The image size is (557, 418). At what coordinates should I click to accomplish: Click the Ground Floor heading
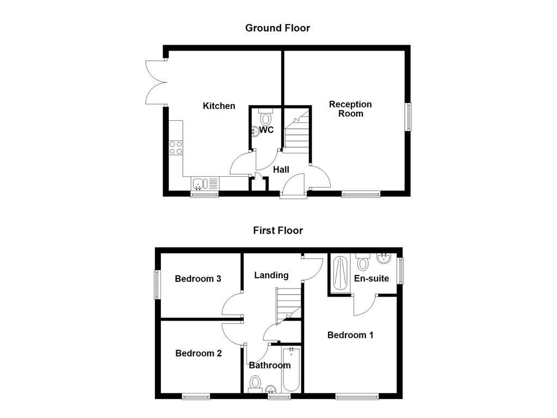pyautogui.click(x=277, y=28)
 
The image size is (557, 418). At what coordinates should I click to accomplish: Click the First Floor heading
pyautogui.click(x=277, y=230)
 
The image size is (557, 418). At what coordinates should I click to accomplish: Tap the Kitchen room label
pyautogui.click(x=219, y=106)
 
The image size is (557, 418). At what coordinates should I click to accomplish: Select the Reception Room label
pyautogui.click(x=350, y=109)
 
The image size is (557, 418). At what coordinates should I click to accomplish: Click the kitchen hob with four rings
pyautogui.click(x=176, y=147)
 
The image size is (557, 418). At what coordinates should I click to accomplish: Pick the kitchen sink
pyautogui.click(x=198, y=184)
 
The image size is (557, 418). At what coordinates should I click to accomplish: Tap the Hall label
pyautogui.click(x=281, y=170)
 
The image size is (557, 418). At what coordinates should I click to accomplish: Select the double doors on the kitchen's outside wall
pyautogui.click(x=155, y=82)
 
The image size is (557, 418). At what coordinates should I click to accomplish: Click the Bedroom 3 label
pyautogui.click(x=197, y=279)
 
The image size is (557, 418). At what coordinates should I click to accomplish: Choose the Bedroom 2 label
pyautogui.click(x=199, y=353)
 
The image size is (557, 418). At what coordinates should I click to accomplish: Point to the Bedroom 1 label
pyautogui.click(x=350, y=335)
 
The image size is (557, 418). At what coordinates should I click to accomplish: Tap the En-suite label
pyautogui.click(x=372, y=279)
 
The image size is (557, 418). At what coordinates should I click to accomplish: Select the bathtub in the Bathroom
pyautogui.click(x=291, y=370)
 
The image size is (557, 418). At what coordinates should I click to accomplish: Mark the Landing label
pyautogui.click(x=271, y=275)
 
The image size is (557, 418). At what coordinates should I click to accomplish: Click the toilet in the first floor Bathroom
pyautogui.click(x=254, y=383)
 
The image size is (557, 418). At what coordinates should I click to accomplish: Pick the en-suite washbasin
pyautogui.click(x=384, y=257)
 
